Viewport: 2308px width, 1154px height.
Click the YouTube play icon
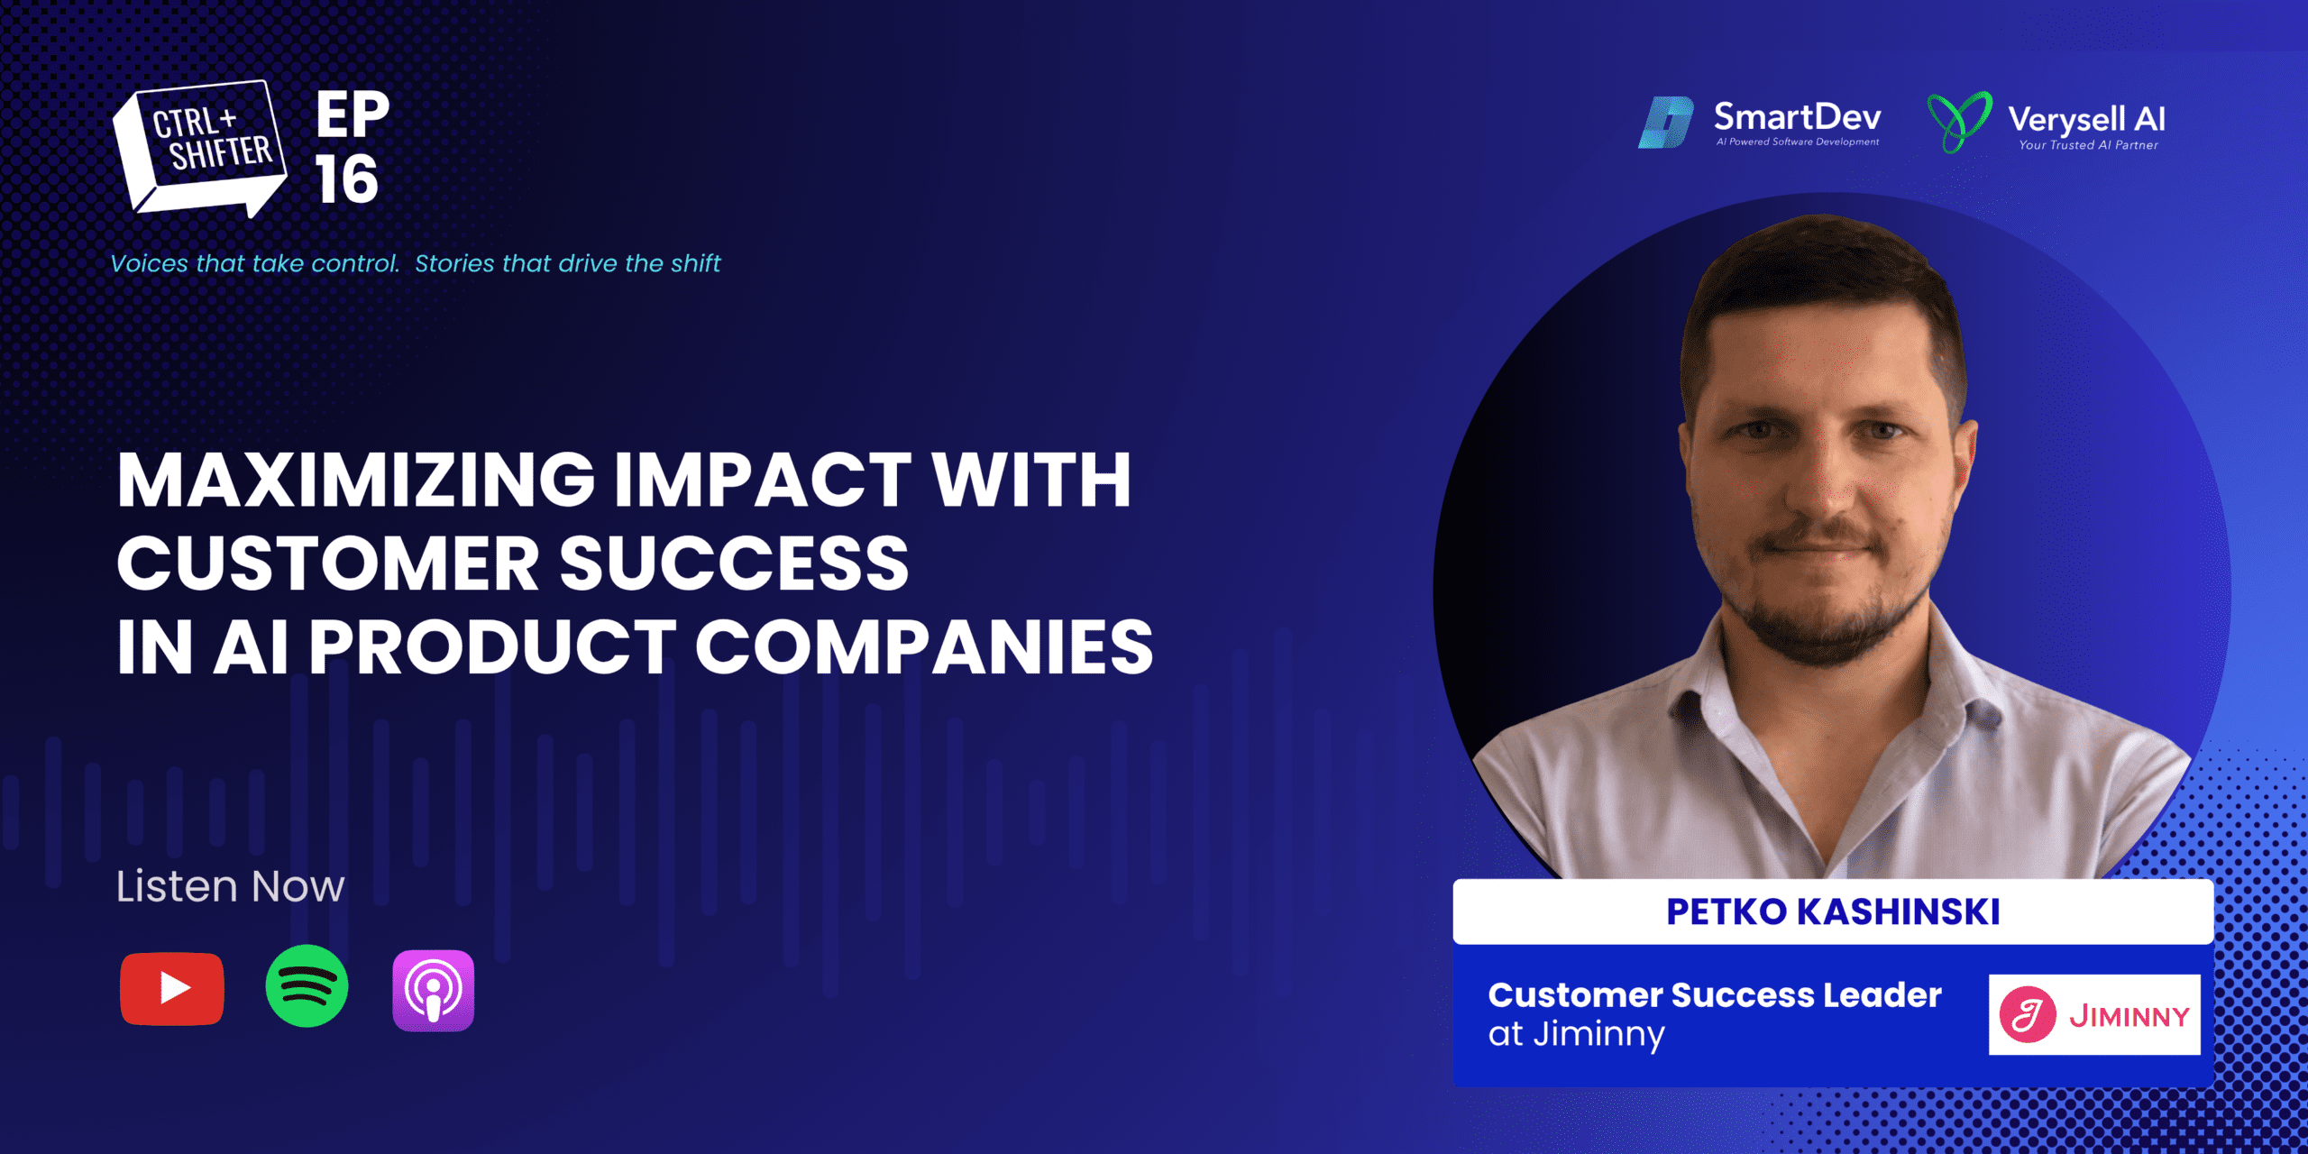pyautogui.click(x=172, y=989)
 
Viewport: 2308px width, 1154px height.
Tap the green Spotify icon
pyautogui.click(x=307, y=986)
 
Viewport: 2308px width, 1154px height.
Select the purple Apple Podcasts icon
pyautogui.click(x=434, y=990)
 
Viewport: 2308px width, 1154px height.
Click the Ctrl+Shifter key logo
pyautogui.click(x=199, y=149)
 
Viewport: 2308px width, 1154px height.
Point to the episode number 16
pyautogui.click(x=347, y=179)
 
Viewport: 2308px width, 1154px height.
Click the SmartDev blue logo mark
pyautogui.click(x=1666, y=123)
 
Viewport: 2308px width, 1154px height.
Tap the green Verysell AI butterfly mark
pyautogui.click(x=1959, y=122)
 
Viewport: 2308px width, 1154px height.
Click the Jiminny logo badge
pyautogui.click(x=2094, y=1014)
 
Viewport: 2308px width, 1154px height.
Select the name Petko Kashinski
pyautogui.click(x=1833, y=911)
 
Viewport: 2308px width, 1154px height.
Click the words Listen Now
pyautogui.click(x=230, y=886)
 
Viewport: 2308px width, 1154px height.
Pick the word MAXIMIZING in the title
pyautogui.click(x=356, y=480)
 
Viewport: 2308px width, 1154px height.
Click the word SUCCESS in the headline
pyautogui.click(x=734, y=563)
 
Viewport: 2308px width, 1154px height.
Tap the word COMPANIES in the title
pyautogui.click(x=924, y=646)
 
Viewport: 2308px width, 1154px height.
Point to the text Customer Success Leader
pyautogui.click(x=1715, y=994)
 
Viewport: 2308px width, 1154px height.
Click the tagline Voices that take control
pyautogui.click(x=254, y=263)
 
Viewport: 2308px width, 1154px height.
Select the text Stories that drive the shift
pyautogui.click(x=568, y=263)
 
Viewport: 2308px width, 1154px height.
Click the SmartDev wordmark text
pyautogui.click(x=1798, y=116)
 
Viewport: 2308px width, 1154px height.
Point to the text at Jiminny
pyautogui.click(x=1577, y=1034)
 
